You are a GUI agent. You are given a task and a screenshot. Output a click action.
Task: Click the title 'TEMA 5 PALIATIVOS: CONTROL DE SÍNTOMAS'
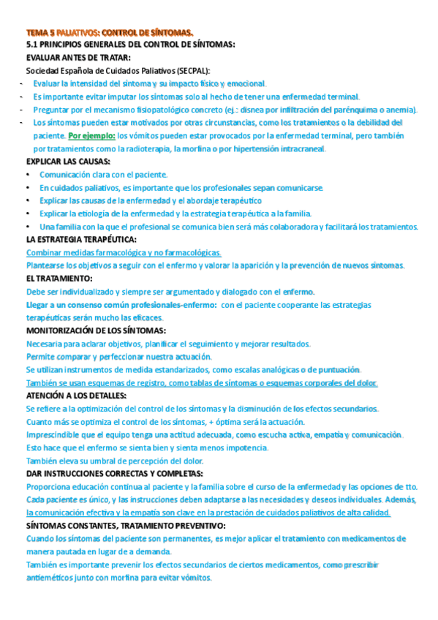click(110, 33)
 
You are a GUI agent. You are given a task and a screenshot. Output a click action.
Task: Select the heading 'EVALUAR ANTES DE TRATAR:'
click(79, 58)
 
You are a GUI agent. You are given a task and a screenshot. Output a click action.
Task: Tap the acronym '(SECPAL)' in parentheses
click(192, 70)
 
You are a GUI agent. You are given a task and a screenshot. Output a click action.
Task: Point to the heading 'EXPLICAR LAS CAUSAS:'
click(68, 162)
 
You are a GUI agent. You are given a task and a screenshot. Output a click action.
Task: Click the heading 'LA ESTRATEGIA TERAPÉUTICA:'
click(81, 239)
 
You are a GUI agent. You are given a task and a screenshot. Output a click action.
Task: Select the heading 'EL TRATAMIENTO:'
click(59, 279)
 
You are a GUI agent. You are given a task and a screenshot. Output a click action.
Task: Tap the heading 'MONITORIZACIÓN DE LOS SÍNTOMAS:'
click(96, 330)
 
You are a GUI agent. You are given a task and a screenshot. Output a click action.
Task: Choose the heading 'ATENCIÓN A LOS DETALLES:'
click(76, 396)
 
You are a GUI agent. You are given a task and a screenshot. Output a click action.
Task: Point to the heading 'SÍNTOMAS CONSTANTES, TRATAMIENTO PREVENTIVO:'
click(127, 526)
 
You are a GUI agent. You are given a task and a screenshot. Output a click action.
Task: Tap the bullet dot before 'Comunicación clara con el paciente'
click(28, 175)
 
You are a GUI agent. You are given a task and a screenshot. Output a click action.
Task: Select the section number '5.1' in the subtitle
click(32, 45)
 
